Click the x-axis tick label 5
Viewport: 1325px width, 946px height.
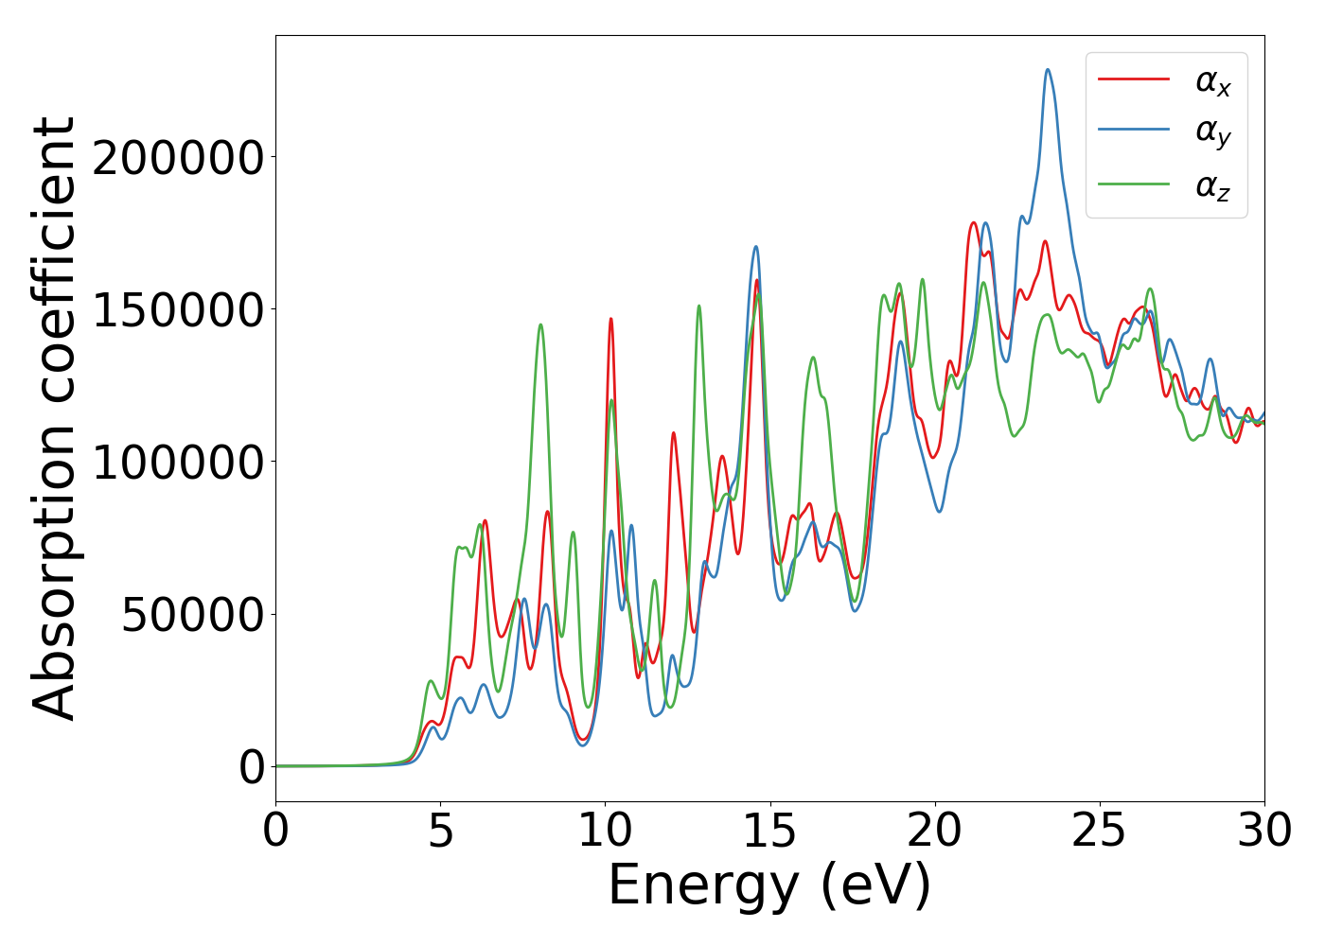tap(441, 832)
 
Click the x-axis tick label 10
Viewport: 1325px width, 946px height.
tap(606, 832)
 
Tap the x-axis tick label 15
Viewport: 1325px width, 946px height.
tap(770, 832)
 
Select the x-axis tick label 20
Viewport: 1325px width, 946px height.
tap(935, 832)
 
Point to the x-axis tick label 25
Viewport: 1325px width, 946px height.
tap(1100, 832)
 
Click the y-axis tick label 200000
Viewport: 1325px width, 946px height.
tap(178, 158)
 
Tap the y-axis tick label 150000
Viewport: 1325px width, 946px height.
tap(178, 310)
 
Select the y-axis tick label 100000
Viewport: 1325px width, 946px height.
tap(178, 463)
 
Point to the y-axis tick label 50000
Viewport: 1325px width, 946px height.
tap(192, 615)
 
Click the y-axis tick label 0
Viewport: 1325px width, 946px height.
tap(252, 767)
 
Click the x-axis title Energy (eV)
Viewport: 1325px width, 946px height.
tap(769, 886)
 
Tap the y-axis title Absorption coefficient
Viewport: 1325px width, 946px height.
tap(55, 418)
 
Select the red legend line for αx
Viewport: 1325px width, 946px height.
tap(1134, 79)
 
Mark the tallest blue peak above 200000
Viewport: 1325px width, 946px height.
tap(1048, 70)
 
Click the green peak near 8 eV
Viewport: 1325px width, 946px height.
tap(540, 325)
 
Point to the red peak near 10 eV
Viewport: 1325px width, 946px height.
tap(611, 320)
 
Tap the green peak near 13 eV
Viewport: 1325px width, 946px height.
tap(699, 307)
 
